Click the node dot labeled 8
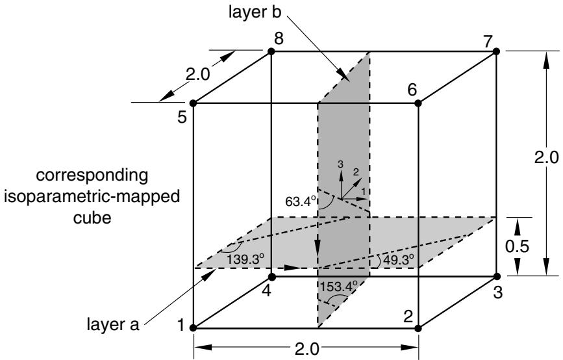point(271,52)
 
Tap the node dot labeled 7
point(496,51)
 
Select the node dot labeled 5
point(193,103)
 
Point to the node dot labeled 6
point(418,103)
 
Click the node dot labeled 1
point(193,328)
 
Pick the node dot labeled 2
point(418,328)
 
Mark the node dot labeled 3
point(497,277)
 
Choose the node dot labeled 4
point(272,277)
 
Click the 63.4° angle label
point(301,201)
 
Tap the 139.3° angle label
point(245,259)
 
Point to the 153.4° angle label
point(339,287)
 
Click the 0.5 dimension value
point(517,246)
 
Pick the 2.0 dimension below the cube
point(307,349)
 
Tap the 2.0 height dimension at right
point(546,158)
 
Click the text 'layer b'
point(255,12)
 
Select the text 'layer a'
point(113,324)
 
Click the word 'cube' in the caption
point(92,218)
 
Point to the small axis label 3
point(341,164)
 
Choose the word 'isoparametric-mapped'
point(92,197)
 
